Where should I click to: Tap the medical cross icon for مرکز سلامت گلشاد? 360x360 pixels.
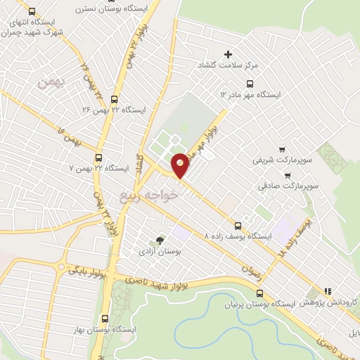[x=228, y=54]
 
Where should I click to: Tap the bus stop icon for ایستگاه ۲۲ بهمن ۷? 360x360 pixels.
[x=98, y=158]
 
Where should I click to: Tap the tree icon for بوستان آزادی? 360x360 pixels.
[x=159, y=240]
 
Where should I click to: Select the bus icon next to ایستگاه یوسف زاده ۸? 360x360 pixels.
[x=238, y=226]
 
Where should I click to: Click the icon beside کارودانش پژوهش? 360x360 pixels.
[x=326, y=291]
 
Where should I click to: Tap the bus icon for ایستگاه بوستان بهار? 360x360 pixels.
[x=105, y=318]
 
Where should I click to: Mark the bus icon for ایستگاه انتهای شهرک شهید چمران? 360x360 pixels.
[x=31, y=12]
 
